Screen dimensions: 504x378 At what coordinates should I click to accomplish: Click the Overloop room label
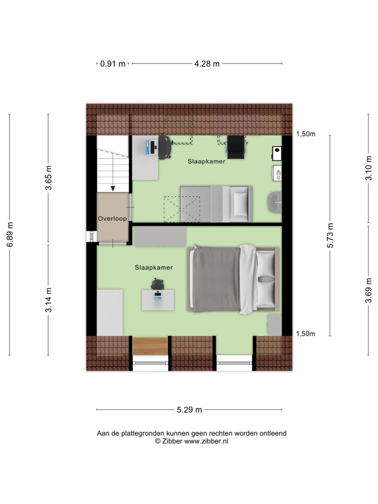click(112, 219)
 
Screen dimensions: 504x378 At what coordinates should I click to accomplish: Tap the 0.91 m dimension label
click(113, 64)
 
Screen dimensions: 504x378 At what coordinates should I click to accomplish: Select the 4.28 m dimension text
click(207, 64)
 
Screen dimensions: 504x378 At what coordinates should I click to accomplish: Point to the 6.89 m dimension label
click(10, 235)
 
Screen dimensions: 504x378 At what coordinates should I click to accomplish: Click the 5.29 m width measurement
click(189, 410)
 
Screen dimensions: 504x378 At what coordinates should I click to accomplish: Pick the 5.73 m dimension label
click(330, 235)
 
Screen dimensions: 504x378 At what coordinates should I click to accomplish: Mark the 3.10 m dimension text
click(369, 168)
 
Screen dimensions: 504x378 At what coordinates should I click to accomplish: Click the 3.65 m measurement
click(48, 178)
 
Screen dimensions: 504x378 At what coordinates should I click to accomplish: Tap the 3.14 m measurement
click(48, 300)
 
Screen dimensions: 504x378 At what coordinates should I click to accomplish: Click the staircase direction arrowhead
click(113, 188)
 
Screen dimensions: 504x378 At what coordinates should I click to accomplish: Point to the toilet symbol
click(278, 173)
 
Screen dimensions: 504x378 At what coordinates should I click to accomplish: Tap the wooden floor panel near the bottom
click(150, 346)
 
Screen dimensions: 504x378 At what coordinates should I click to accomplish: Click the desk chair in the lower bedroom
click(158, 284)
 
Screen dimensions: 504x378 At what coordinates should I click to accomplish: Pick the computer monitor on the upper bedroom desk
click(153, 147)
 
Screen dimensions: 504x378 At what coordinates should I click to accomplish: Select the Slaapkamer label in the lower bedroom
click(154, 267)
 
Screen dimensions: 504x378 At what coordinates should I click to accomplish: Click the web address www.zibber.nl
click(206, 441)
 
